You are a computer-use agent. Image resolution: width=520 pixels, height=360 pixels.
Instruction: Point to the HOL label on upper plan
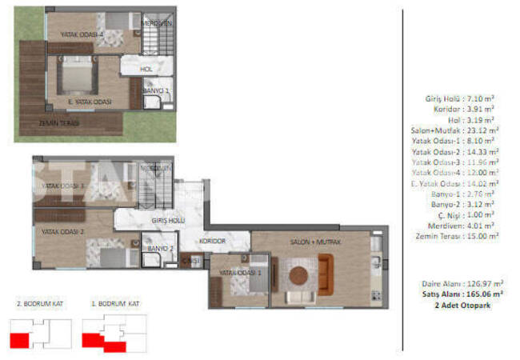[x=146, y=69]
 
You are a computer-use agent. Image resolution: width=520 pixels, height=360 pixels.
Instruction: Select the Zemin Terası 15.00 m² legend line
[x=457, y=236]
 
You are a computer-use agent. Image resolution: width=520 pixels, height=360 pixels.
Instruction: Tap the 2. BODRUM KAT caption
[x=38, y=305]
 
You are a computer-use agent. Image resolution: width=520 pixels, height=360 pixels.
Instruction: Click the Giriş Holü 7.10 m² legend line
[x=459, y=98]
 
